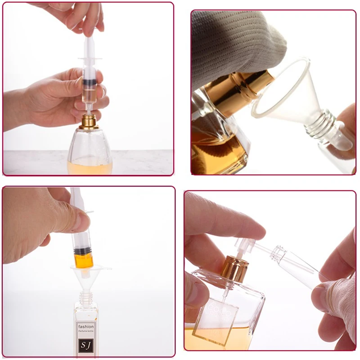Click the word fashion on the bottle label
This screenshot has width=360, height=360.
click(86, 326)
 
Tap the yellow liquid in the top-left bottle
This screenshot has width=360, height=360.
click(90, 166)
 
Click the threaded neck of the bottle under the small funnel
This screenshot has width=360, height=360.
click(85, 297)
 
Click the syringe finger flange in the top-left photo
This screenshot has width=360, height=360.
click(90, 59)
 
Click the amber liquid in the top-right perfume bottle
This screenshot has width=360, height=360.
click(216, 153)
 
